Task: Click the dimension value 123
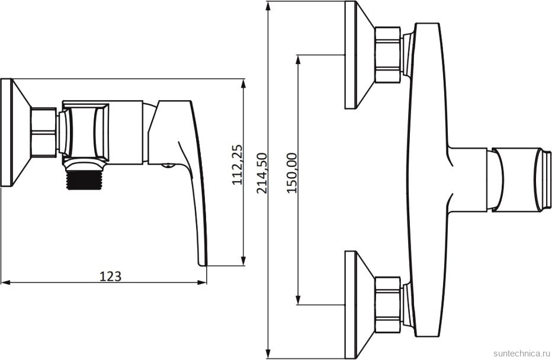coord(111,277)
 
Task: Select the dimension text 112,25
coord(238,165)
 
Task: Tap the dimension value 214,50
coord(262,173)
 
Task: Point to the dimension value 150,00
coord(292,173)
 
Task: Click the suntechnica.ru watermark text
coord(521,353)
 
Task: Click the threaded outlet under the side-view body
coord(84,180)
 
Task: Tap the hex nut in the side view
coord(43,132)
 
